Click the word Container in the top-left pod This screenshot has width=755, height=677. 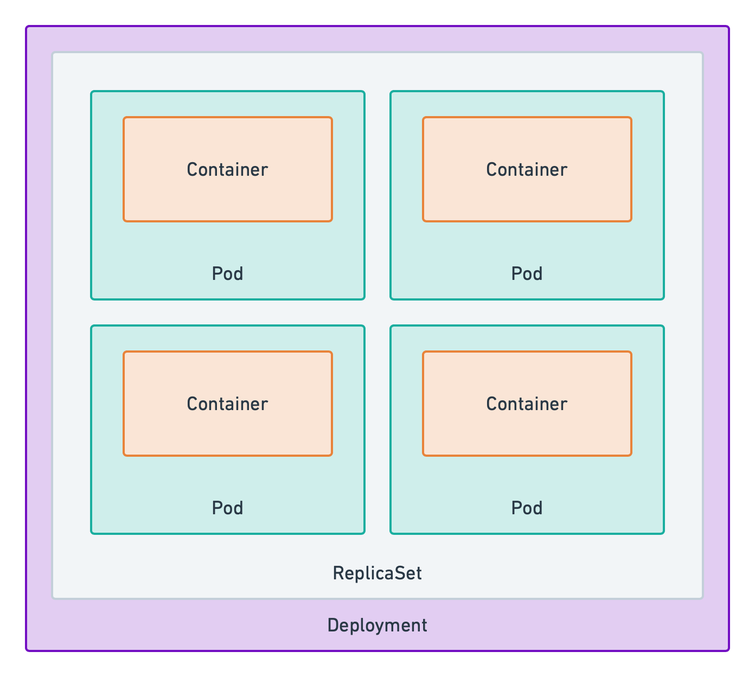(x=227, y=170)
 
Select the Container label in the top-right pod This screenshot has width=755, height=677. (x=527, y=170)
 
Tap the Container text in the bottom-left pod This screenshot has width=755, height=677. (x=227, y=404)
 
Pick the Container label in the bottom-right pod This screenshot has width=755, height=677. (x=527, y=404)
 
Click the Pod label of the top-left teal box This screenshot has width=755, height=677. (x=227, y=274)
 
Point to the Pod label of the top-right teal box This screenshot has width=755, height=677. (x=527, y=274)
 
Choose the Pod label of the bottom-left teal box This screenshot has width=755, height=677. (x=227, y=508)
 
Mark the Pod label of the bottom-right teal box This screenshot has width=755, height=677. (x=527, y=508)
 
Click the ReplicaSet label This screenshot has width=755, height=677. (x=377, y=573)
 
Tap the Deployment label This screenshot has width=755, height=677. (x=377, y=625)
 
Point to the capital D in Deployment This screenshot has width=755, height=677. (x=332, y=625)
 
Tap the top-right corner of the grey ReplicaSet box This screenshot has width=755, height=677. (x=702, y=53)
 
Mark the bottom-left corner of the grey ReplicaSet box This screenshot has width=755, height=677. (x=53, y=598)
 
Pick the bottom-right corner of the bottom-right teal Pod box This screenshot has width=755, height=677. (x=663, y=533)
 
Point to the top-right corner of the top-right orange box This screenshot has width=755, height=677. (x=631, y=118)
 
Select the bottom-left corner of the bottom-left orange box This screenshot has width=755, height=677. (x=124, y=455)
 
